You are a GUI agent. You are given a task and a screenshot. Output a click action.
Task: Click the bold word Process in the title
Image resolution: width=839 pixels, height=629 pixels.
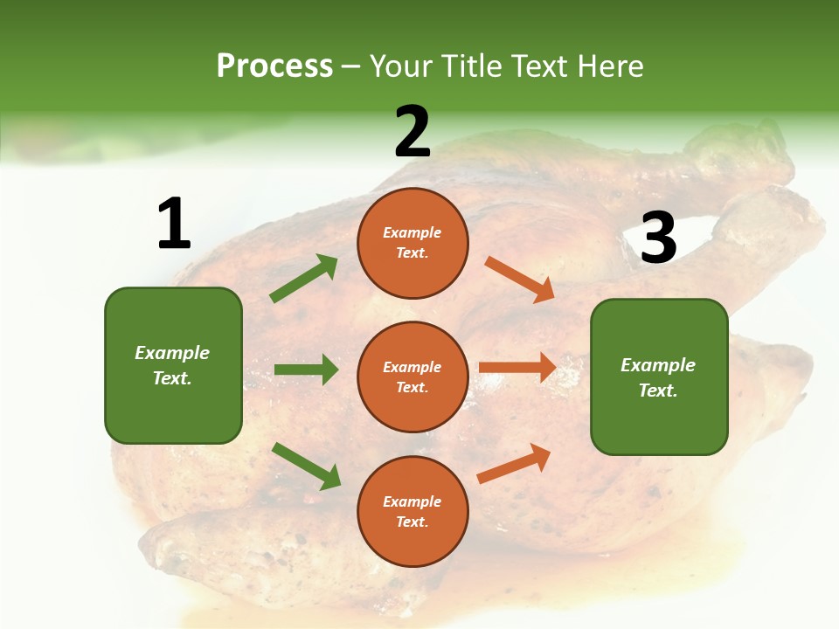tap(274, 66)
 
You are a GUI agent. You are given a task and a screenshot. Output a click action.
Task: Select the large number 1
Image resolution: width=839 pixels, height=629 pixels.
tap(174, 225)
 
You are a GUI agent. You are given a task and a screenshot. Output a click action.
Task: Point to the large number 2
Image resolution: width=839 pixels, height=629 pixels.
tap(413, 132)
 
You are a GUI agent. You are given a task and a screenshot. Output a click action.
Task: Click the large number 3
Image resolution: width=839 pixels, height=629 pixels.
tap(658, 238)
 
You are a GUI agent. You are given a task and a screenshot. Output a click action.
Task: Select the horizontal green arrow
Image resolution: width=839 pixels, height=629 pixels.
tap(306, 370)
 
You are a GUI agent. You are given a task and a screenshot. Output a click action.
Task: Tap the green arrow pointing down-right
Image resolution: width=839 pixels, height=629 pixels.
tap(306, 466)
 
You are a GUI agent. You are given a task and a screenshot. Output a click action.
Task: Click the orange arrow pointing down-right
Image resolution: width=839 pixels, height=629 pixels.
tap(520, 280)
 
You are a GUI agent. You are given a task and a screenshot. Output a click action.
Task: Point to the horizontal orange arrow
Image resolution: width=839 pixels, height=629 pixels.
tap(517, 367)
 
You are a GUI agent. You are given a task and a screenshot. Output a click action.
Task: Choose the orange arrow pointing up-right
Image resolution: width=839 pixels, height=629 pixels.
tap(515, 463)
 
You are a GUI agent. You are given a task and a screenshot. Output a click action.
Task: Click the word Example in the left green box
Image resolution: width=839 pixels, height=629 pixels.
tap(172, 353)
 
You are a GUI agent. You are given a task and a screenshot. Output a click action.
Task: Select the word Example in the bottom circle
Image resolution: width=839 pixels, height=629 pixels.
tap(413, 501)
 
